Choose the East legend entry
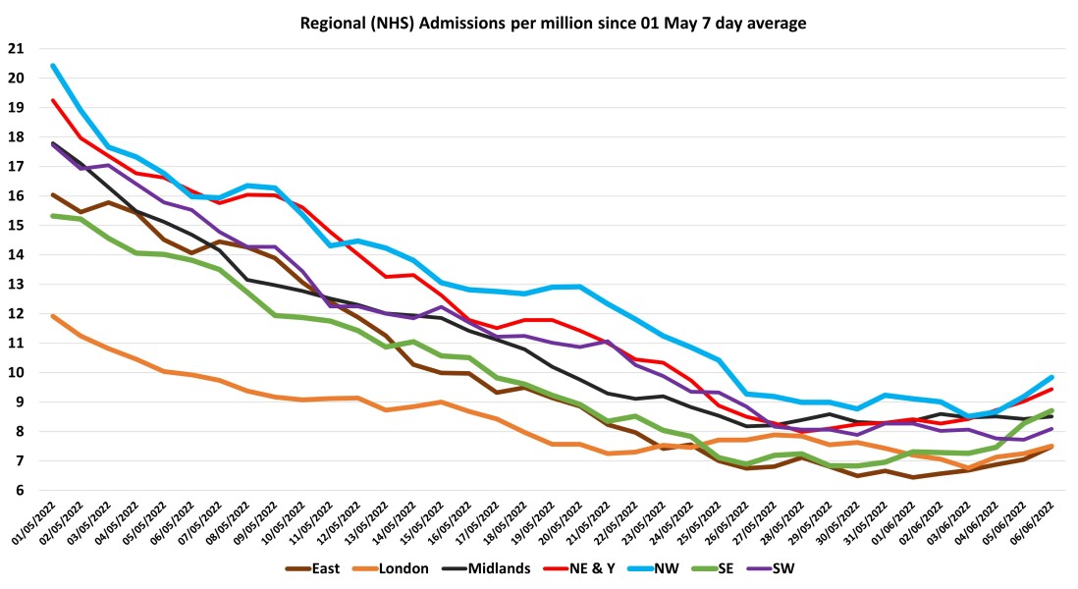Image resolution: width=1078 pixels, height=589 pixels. tap(320, 567)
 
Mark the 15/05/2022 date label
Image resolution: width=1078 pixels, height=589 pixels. tap(424, 521)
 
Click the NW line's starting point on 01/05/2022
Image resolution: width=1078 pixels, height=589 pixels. tap(52, 66)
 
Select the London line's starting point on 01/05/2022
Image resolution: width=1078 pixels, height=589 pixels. tap(52, 316)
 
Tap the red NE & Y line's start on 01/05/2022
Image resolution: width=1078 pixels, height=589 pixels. tap(52, 100)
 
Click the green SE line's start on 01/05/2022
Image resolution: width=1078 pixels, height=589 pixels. tap(52, 216)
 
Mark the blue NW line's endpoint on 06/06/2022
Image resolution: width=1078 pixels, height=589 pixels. tap(1051, 377)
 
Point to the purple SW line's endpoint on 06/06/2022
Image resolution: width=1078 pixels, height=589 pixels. tap(1051, 428)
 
